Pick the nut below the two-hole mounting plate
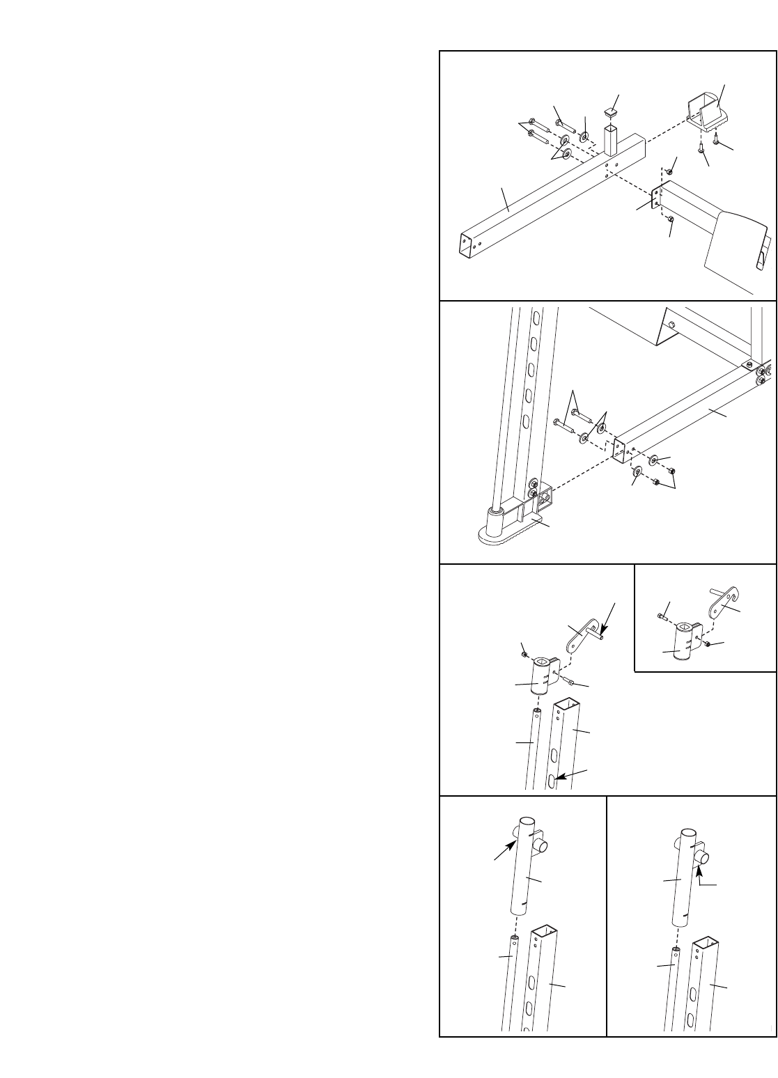[671, 220]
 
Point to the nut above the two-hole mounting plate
[669, 171]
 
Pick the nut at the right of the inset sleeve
[708, 644]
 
